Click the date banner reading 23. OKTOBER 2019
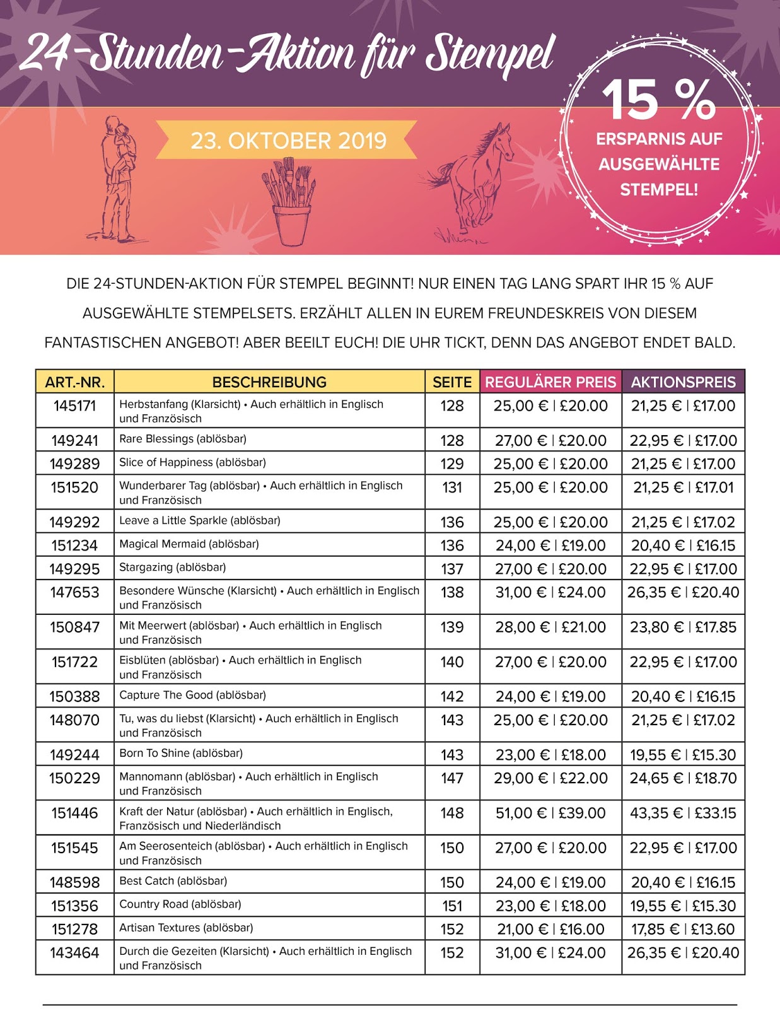point(288,141)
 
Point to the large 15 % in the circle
point(659,100)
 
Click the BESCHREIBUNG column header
point(269,382)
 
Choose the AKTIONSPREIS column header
point(683,382)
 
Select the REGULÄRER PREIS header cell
point(550,382)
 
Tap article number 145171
point(74,406)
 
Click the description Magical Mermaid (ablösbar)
point(189,544)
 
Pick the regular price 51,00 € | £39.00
point(550,813)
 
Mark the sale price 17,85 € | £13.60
point(683,929)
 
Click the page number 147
point(452,778)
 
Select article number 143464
point(74,953)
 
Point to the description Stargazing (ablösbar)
point(173,568)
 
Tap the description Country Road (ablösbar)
point(180,904)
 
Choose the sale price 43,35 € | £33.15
point(683,813)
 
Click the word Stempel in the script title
point(490,55)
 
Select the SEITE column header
point(452,382)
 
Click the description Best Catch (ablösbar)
point(173,881)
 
